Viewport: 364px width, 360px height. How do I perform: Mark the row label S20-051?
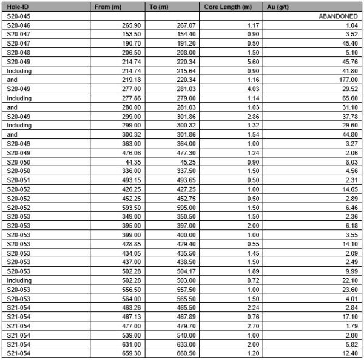pos(17,180)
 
